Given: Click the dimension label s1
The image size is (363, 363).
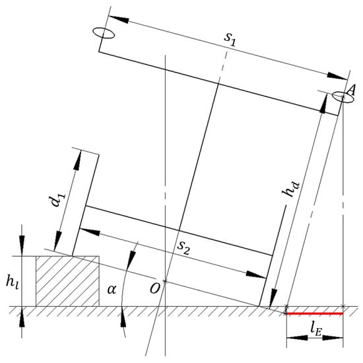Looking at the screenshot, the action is point(229,41).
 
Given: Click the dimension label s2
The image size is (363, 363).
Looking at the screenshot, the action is point(183,247).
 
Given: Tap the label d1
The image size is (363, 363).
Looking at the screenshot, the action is point(58,199).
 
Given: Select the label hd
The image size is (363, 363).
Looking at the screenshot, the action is point(290,189).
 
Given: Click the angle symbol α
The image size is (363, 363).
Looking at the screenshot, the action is point(112,289).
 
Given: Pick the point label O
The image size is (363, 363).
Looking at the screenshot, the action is point(155,289).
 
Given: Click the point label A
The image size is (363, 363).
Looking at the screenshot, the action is point(351,90).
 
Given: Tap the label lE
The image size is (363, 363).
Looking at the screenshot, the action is point(315,331).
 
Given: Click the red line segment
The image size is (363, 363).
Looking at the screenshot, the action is point(315,313).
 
